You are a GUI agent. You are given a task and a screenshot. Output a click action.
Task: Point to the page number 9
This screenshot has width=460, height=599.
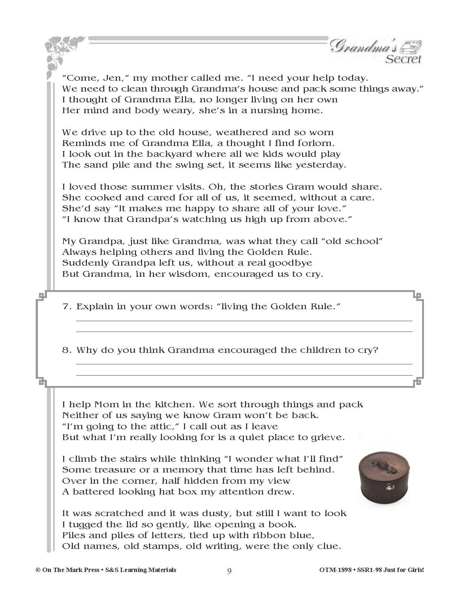pos(229,571)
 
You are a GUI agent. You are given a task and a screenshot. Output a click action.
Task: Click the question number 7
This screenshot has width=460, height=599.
pos(67,306)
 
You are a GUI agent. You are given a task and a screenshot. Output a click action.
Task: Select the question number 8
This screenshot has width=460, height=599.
pos(67,350)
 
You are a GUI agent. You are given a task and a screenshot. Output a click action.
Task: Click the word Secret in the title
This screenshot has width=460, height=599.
pos(403,59)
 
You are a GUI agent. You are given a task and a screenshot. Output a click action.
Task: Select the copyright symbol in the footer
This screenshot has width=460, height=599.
pos(38,570)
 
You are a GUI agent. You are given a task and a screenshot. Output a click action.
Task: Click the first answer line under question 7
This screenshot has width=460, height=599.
pos(244,320)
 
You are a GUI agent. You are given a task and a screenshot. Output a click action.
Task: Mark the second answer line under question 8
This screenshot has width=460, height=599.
pos(244,375)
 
